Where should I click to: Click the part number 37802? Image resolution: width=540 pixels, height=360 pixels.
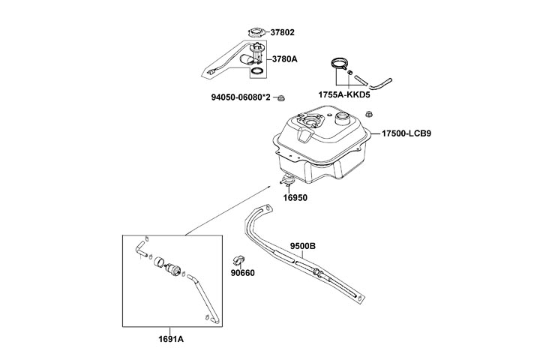point(283,32)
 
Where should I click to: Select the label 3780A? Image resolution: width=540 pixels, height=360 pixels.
point(284,57)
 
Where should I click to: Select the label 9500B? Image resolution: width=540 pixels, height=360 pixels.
point(303,245)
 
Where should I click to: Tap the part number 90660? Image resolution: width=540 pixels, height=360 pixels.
point(244,273)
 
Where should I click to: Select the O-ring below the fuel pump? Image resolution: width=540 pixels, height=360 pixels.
point(256,72)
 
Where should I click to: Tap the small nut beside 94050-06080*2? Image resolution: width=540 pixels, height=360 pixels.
point(281,97)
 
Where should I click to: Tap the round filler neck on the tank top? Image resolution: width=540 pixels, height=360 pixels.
point(343,118)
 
